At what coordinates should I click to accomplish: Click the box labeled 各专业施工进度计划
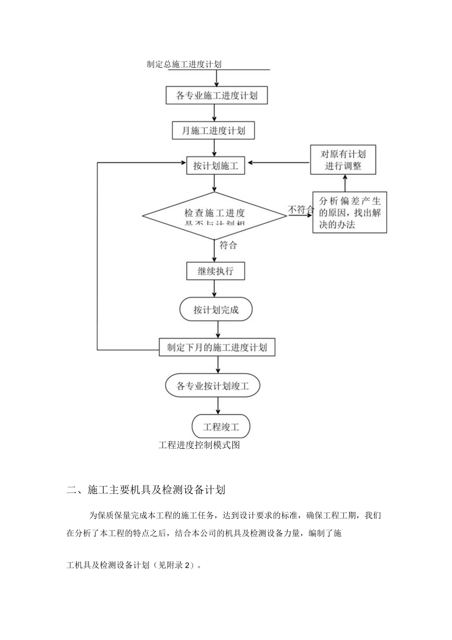217,95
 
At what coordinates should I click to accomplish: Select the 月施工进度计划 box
214,131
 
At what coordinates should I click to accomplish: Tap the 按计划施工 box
216,166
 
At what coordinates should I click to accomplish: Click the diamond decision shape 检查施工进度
215,215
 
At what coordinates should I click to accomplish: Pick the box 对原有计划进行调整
343,159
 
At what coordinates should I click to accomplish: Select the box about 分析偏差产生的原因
350,213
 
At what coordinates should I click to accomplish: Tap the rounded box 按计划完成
216,310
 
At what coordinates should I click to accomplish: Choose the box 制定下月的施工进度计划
217,347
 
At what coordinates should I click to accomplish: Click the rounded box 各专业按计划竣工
213,386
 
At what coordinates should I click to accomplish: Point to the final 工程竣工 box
221,425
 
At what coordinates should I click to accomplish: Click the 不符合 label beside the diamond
301,210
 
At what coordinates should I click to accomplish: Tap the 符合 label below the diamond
228,245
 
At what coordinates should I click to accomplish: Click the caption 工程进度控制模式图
199,446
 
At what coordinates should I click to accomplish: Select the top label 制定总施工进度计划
185,64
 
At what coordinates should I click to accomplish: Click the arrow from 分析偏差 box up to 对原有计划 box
344,183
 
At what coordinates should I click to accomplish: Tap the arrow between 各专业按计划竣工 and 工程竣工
218,405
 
